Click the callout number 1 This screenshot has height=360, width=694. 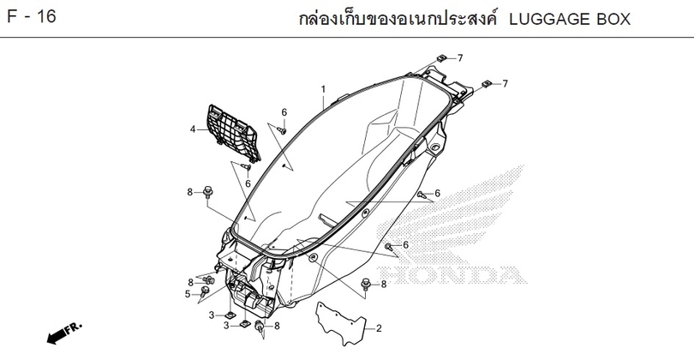pyautogui.click(x=323, y=89)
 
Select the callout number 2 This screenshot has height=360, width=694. pyautogui.click(x=379, y=328)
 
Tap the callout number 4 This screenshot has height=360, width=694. pyautogui.click(x=193, y=129)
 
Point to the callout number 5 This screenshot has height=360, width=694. pyautogui.click(x=188, y=294)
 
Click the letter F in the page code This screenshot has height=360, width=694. pyautogui.click(x=12, y=17)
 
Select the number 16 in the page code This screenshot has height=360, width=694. pyautogui.click(x=46, y=17)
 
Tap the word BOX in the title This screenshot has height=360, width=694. pyautogui.click(x=613, y=20)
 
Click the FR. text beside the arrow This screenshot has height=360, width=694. pyautogui.click(x=74, y=328)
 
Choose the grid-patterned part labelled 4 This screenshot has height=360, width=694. pyautogui.click(x=233, y=132)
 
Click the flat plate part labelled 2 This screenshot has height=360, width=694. pyautogui.click(x=341, y=324)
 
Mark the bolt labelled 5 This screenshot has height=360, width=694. pyautogui.click(x=205, y=291)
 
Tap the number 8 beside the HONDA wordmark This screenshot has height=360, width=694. pyautogui.click(x=384, y=285)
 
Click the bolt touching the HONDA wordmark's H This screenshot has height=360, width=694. pyautogui.click(x=366, y=284)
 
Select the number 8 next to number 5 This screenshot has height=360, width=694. pyautogui.click(x=191, y=283)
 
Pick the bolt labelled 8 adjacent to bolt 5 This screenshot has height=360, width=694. pyautogui.click(x=209, y=279)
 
